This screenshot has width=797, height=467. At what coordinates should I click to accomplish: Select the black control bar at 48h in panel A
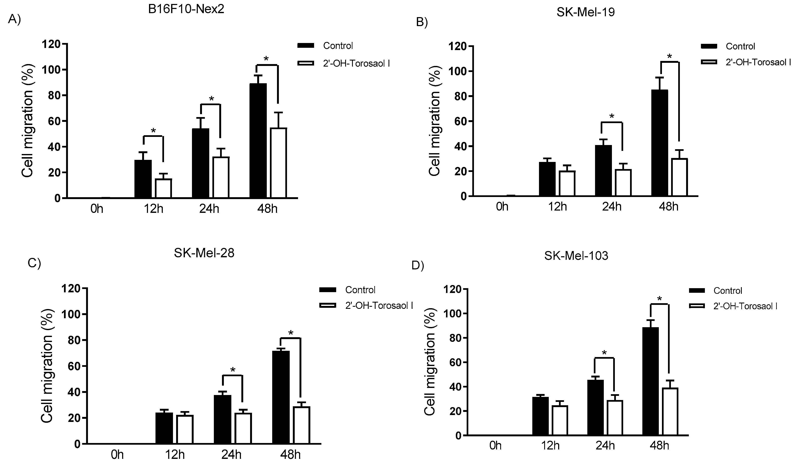point(258,141)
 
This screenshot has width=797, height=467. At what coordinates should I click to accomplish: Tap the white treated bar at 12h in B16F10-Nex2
point(163,188)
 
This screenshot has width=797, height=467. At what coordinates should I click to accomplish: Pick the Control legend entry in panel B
point(740,47)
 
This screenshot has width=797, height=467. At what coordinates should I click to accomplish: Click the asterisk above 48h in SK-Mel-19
point(669,57)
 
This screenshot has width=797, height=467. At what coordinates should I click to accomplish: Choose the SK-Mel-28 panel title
point(204,253)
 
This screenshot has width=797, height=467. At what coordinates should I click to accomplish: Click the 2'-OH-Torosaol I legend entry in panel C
point(379,305)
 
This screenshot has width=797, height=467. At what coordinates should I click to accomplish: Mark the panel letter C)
point(34,263)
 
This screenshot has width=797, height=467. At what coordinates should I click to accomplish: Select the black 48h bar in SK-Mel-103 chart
point(650,381)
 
